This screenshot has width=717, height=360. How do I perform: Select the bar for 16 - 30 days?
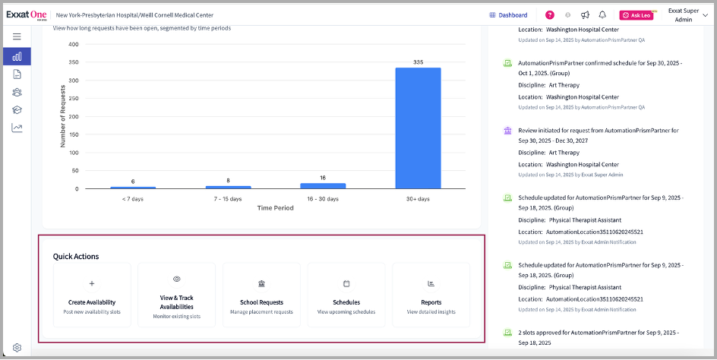point(323,185)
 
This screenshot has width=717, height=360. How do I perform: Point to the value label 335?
point(418,62)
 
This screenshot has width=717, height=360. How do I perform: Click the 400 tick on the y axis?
point(74,44)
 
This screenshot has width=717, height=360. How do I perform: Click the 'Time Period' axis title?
point(275,207)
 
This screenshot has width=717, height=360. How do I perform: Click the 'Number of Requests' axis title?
point(64,116)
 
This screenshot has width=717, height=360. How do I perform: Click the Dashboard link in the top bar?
point(508,14)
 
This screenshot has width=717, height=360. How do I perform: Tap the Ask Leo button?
point(636,15)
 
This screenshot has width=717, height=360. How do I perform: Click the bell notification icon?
point(602,14)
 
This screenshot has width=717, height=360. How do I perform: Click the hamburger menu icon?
point(17,36)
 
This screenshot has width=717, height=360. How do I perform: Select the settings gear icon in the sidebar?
point(17,348)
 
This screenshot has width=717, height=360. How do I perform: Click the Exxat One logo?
point(27,14)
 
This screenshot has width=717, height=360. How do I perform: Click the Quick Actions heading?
point(76,257)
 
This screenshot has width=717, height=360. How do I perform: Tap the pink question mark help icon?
point(550,14)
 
